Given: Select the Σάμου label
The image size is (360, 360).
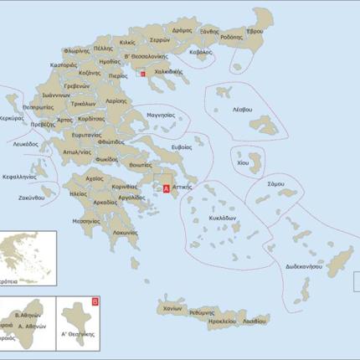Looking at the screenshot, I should click(275, 183).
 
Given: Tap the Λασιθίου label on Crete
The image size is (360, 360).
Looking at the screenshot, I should click(255, 321).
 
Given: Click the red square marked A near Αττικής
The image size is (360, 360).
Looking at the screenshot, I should click(166, 189).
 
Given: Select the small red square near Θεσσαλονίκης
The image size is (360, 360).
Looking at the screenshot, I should click(143, 75).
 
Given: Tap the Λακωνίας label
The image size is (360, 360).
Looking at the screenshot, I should click(125, 232).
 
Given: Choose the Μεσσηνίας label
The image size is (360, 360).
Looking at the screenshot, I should click(86, 221).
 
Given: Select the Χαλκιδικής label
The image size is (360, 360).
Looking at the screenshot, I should click(167, 72).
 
